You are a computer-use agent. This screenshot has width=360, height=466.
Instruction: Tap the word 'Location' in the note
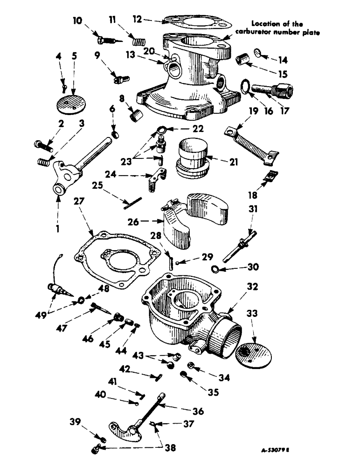(263, 23)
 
